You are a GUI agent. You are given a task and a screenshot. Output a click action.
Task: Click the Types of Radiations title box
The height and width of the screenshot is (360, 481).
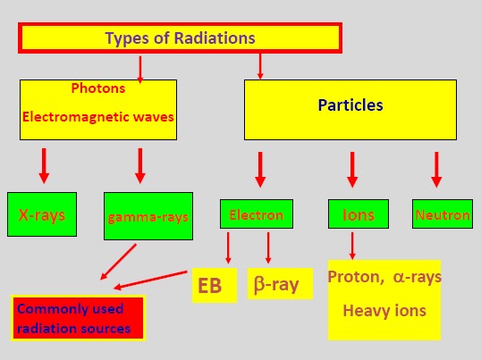click(181, 38)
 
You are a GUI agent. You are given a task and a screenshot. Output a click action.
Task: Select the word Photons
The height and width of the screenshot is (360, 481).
click(97, 89)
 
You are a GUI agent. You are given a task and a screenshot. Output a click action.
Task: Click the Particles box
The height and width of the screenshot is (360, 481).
click(350, 105)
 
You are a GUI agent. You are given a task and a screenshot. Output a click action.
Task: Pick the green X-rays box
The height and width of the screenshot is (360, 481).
click(42, 214)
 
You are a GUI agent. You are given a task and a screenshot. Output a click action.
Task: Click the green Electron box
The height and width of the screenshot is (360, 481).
click(257, 214)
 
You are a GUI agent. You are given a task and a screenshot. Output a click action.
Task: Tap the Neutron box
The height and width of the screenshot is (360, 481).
click(442, 215)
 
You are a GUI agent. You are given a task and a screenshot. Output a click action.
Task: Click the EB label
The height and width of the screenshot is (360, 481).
click(215, 285)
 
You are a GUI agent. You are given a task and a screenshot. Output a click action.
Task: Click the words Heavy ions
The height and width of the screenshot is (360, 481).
click(384, 311)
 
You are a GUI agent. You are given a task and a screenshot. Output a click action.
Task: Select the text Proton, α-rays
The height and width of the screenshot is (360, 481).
click(384, 277)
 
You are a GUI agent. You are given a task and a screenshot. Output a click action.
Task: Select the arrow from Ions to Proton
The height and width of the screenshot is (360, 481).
click(352, 246)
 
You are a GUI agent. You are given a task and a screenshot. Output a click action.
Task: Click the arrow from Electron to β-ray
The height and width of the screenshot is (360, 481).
click(268, 246)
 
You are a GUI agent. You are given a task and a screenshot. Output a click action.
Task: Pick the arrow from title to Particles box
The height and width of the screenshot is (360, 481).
click(259, 64)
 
